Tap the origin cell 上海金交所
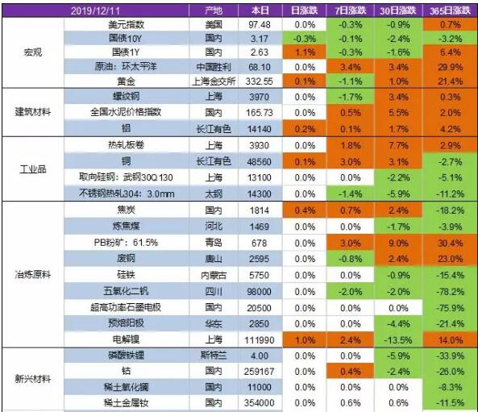pyautogui.click(x=214, y=81)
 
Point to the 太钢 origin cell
pyautogui.click(x=214, y=194)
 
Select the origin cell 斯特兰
pyautogui.click(x=214, y=355)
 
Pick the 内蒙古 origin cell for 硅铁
pyautogui.click(x=214, y=274)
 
